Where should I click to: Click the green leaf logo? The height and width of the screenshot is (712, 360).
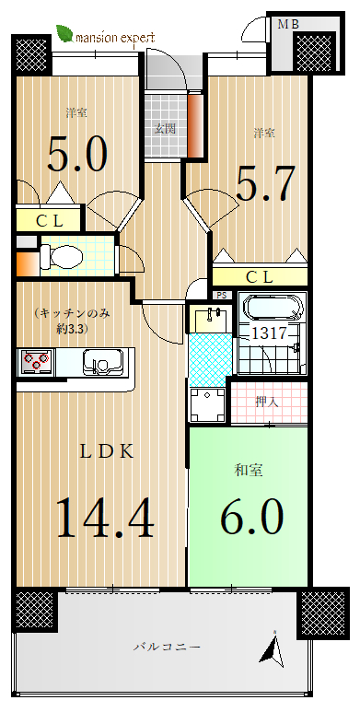[64, 33]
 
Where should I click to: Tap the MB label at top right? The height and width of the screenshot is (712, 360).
[288, 25]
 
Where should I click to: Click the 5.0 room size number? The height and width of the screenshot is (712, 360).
[77, 154]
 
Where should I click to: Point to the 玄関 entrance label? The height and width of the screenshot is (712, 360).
[164, 129]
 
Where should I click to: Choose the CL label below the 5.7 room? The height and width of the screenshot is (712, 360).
[260, 276]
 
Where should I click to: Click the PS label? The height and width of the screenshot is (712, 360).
[221, 295]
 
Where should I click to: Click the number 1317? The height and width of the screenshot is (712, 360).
[269, 333]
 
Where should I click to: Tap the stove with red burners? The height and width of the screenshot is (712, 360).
[36, 361]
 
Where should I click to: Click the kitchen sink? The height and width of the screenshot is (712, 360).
[102, 361]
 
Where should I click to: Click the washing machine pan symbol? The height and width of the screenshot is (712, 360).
[207, 404]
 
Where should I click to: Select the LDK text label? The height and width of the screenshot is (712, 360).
[108, 452]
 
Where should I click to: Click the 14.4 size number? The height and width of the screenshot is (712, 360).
[105, 518]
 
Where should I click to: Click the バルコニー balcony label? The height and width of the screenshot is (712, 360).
[167, 647]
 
